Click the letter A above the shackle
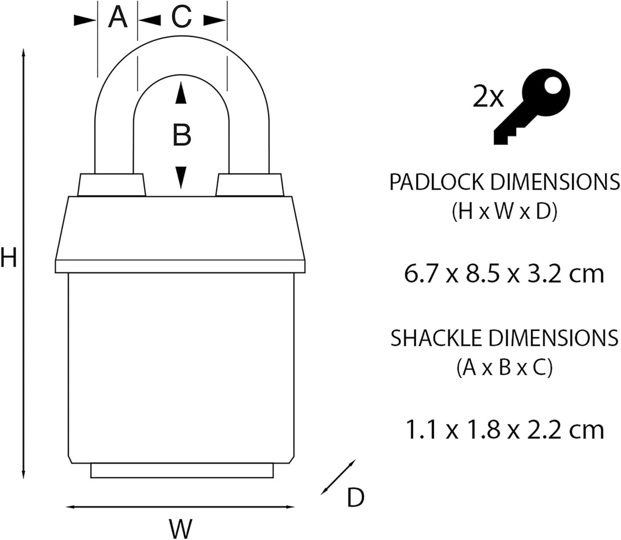tap(118, 18)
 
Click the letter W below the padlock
tap(181, 528)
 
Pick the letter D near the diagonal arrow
tap(355, 497)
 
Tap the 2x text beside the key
tap(488, 98)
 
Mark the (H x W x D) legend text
tap(504, 212)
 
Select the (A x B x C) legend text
tap(504, 368)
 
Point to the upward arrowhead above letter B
tap(181, 93)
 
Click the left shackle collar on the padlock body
tap(112, 185)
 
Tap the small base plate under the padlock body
tap(182, 471)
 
